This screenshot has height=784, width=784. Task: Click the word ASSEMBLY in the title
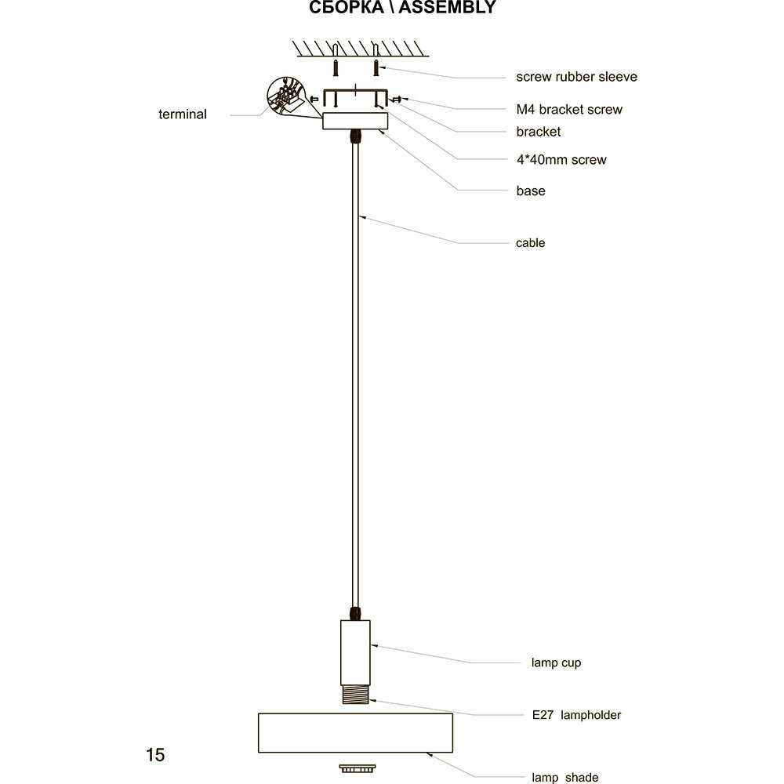[448, 8]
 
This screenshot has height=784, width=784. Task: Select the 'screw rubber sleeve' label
[576, 77]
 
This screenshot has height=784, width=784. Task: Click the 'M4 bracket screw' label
[569, 109]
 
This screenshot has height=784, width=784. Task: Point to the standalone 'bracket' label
[538, 132]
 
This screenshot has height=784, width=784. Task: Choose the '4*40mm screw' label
[561, 160]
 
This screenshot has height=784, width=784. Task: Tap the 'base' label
[530, 191]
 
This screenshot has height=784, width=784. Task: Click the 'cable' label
[530, 243]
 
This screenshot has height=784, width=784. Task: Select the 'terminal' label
[182, 114]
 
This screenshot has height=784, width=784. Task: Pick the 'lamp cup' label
[556, 662]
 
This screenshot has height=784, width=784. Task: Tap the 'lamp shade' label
[564, 778]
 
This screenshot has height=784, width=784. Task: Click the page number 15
[155, 755]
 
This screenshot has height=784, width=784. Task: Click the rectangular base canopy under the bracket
[355, 121]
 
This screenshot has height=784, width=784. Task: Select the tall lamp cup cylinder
[355, 650]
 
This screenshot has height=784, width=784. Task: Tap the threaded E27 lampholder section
[355, 694]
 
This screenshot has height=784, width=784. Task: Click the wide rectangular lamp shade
[355, 732]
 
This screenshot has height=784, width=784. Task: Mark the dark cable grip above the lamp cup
[355, 612]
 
